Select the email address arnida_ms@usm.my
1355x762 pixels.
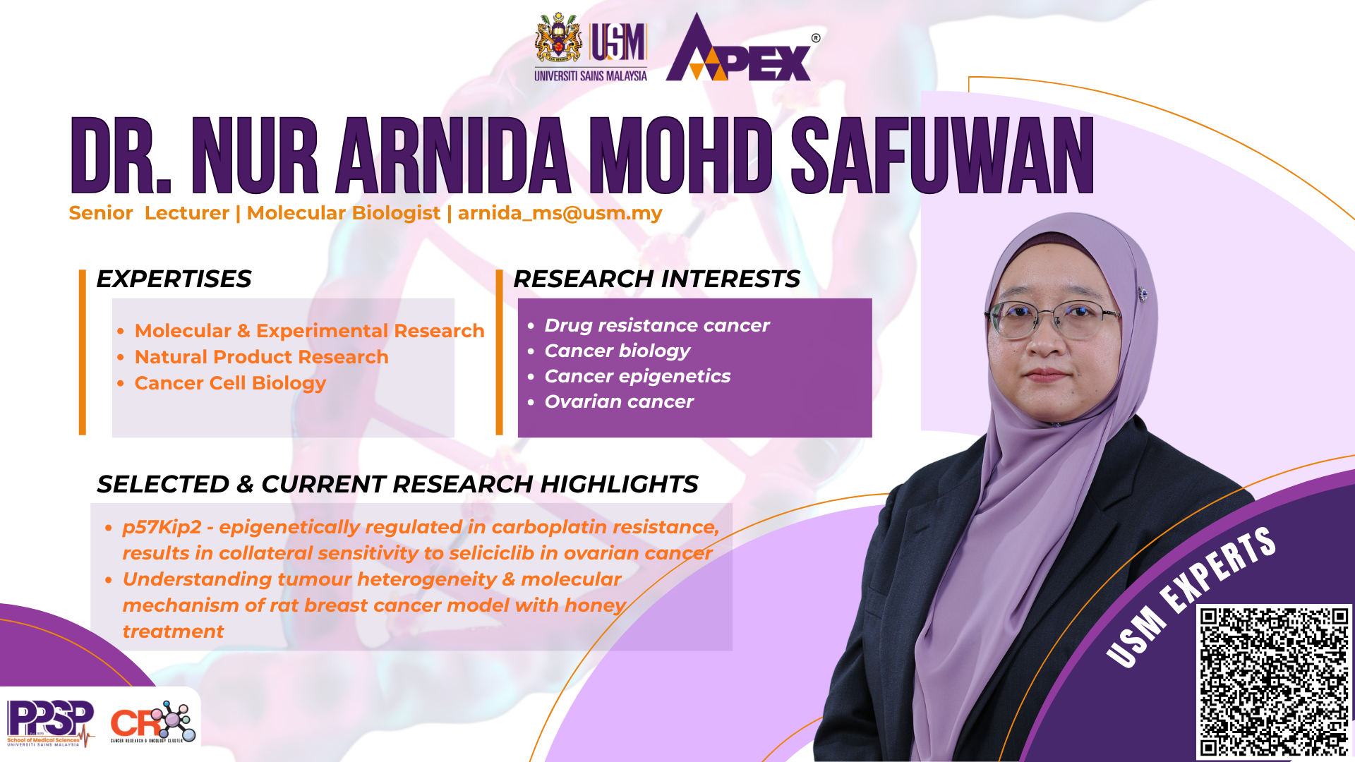(560, 213)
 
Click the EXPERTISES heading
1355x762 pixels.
(174, 279)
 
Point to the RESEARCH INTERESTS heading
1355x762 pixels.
(656, 279)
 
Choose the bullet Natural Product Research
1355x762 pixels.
(261, 357)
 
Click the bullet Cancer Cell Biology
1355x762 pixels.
(230, 383)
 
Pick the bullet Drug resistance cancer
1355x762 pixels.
(657, 325)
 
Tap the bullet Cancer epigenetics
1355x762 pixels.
(637, 376)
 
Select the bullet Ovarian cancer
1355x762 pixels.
(619, 401)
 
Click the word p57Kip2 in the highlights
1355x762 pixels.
(162, 527)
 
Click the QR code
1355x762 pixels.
(1275, 682)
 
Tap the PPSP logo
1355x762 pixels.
(50, 722)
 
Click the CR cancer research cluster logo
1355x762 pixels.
(152, 722)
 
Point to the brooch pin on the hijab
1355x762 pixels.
(1143, 294)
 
